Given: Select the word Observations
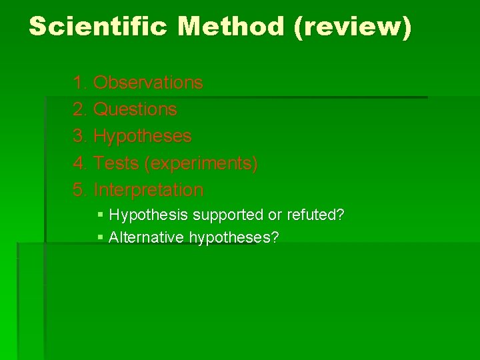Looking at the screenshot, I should pos(148,83).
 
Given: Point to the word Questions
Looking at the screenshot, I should pos(135,109).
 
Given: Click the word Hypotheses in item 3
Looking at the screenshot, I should pos(143,137).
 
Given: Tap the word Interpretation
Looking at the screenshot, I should pos(149,190).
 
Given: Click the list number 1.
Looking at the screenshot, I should pos(80,83).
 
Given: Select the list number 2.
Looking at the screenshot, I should pos(80,109).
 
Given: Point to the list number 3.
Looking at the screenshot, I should pos(80,137).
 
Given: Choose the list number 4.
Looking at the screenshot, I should pos(80,163).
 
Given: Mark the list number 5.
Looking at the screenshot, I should pos(80,190).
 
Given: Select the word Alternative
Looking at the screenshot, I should pos(147,237).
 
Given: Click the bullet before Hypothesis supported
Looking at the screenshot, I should pos(100,215).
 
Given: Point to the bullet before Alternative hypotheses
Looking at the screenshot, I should pos(100,237).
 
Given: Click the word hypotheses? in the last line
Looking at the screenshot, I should pos(234,237).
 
